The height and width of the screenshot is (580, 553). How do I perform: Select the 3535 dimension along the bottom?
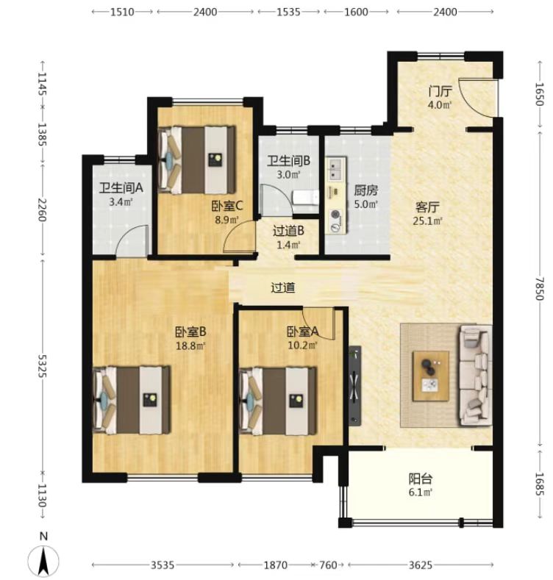[163, 565]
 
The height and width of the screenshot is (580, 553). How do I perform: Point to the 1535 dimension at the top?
[288, 12]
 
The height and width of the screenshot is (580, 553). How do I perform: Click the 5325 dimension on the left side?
[43, 365]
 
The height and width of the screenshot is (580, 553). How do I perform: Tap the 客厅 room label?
[427, 207]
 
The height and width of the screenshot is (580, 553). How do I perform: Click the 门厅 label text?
[440, 91]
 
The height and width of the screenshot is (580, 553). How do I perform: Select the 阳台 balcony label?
[421, 479]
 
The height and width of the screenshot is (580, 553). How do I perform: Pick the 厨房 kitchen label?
[365, 190]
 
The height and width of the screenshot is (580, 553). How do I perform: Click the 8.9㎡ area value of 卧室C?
[227, 220]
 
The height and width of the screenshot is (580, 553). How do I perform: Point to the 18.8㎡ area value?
[190, 346]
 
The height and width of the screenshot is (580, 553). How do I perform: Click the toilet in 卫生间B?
[306, 198]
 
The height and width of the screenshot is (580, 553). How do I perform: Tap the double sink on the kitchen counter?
[336, 168]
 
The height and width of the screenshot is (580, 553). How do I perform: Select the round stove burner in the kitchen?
[336, 215]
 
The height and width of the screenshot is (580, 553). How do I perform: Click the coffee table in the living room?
[431, 376]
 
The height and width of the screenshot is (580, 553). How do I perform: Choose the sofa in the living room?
[475, 376]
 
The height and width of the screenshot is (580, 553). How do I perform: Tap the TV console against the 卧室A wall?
[355, 385]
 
